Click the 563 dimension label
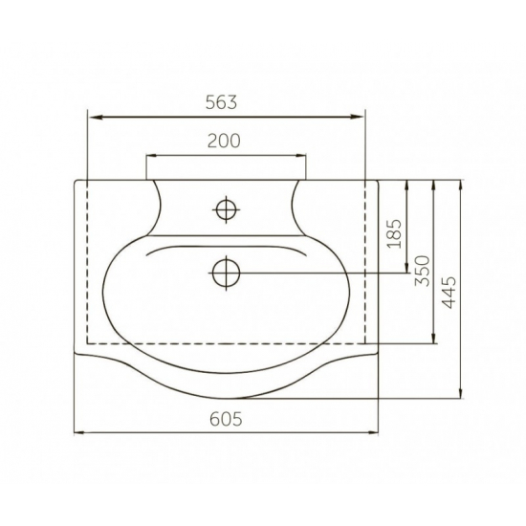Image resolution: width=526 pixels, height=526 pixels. [x=222, y=102]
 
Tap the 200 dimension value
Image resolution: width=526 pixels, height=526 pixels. [x=224, y=141]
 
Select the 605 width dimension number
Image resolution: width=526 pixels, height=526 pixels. [x=226, y=419]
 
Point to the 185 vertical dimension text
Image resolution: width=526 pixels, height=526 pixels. [x=394, y=233]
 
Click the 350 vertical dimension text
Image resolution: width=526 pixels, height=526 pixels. [x=423, y=271]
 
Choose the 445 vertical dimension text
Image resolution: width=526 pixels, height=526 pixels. [x=449, y=293]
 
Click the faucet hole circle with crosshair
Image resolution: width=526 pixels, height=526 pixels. [x=226, y=209]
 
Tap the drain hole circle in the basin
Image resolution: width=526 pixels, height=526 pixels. [x=226, y=273]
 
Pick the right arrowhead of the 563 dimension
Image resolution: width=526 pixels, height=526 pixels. [x=357, y=117]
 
